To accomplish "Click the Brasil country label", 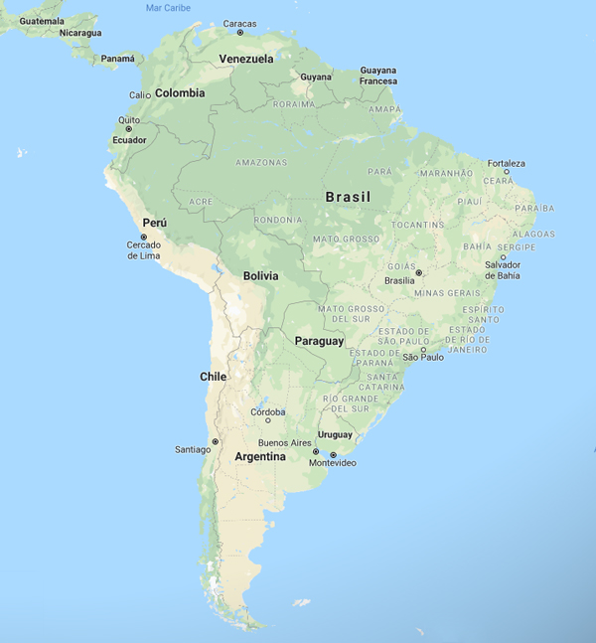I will [348, 197].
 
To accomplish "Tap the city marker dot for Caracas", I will [239, 33].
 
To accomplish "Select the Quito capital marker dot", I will [128, 129].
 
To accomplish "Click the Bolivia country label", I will [260, 275].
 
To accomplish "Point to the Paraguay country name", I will [319, 341].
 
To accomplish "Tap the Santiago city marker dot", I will [215, 441].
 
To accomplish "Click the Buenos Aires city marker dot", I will [316, 451].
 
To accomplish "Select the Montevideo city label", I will [332, 463].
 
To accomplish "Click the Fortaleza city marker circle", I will [506, 172].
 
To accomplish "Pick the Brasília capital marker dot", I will [418, 272].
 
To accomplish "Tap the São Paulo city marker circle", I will [424, 349].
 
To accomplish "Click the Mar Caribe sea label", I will [167, 7].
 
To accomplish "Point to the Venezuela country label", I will [245, 59].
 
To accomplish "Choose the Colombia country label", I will [180, 92].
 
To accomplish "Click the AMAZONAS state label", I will [261, 162].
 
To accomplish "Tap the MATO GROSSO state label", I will [346, 239].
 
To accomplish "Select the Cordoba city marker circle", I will [267, 420].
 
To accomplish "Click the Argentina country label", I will [259, 457].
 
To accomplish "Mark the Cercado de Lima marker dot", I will [143, 237].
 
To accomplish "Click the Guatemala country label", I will [42, 21].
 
